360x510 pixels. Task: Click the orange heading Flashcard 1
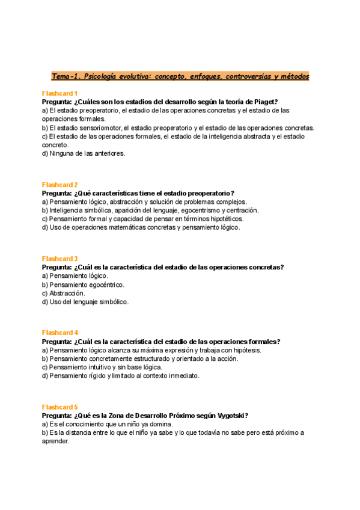pyautogui.click(x=59, y=93)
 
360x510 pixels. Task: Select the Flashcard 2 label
pyautogui.click(x=59, y=185)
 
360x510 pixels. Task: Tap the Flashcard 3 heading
pyautogui.click(x=59, y=259)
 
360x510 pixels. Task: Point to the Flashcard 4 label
pyautogui.click(x=59, y=333)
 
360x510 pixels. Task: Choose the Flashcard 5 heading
pyautogui.click(x=59, y=407)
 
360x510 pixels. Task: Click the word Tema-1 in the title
pyautogui.click(x=66, y=76)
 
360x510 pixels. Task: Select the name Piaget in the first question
pyautogui.click(x=264, y=102)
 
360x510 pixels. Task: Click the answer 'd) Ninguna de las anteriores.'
pyautogui.click(x=84, y=153)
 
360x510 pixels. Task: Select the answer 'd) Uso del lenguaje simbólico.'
pyautogui.click(x=85, y=302)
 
